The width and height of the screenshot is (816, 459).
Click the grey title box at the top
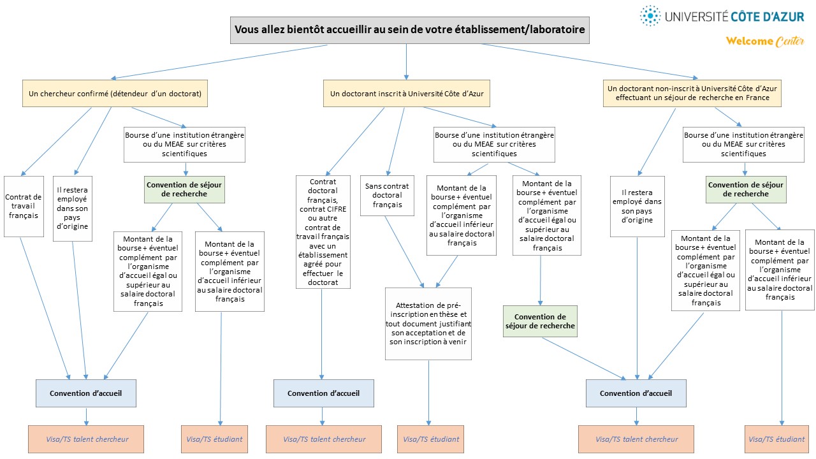(x=409, y=30)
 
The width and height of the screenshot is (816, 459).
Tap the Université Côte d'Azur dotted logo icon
(x=650, y=16)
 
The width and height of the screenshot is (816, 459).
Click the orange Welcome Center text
(x=764, y=41)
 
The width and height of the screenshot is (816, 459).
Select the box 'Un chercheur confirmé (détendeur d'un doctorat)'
(x=115, y=94)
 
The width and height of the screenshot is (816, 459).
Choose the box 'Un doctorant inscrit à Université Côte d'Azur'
(x=407, y=94)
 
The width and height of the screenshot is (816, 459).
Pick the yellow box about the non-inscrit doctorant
(x=692, y=93)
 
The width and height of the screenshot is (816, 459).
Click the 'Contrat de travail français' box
(x=24, y=207)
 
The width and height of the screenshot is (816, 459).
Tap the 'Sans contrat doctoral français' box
(x=387, y=196)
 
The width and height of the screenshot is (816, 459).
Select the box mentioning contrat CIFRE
(x=323, y=232)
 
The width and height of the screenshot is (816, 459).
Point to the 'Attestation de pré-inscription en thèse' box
(x=428, y=324)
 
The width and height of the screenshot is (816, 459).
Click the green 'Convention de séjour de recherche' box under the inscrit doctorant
(x=540, y=321)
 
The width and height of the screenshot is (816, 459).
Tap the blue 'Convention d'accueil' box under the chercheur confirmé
(x=86, y=393)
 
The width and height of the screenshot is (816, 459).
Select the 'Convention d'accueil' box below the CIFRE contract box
(x=323, y=393)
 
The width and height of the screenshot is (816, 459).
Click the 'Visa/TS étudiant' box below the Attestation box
(x=430, y=439)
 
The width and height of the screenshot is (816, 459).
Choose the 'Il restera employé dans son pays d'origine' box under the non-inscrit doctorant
(x=637, y=207)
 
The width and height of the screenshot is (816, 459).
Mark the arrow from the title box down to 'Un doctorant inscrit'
(x=406, y=62)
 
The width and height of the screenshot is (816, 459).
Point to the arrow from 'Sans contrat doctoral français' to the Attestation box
(x=404, y=252)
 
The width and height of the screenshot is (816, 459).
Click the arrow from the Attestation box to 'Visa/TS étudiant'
(x=429, y=393)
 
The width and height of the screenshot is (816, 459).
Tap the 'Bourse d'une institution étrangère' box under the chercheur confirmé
(x=184, y=145)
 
